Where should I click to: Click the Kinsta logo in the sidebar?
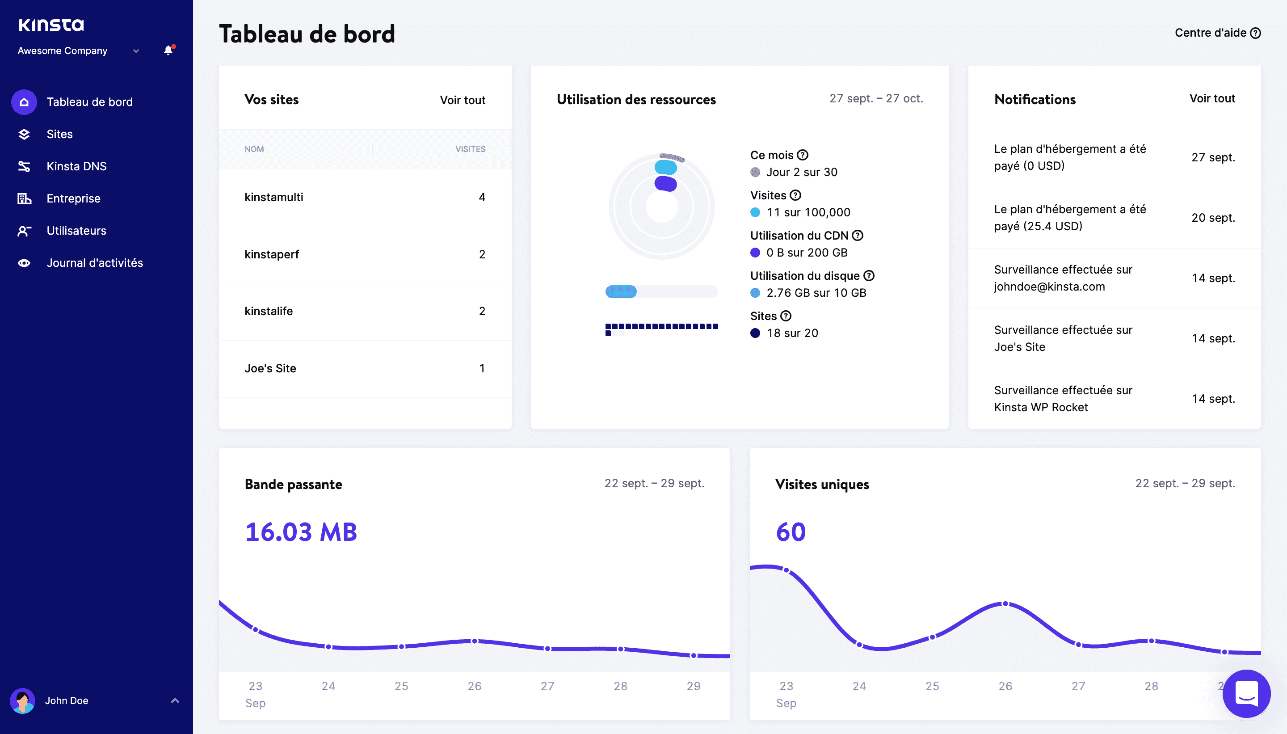pyautogui.click(x=51, y=25)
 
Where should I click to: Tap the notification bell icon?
pyautogui.click(x=168, y=50)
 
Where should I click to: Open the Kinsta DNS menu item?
pyautogui.click(x=76, y=166)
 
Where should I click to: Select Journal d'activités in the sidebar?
pyautogui.click(x=94, y=263)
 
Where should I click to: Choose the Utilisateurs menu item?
pyautogui.click(x=76, y=230)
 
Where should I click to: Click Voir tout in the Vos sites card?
pyautogui.click(x=462, y=100)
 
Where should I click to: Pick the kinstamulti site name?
pyautogui.click(x=273, y=197)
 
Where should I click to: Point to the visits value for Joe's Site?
pyautogui.click(x=482, y=368)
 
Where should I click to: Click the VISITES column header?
pyautogui.click(x=470, y=149)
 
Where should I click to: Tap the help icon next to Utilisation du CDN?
pyautogui.click(x=858, y=236)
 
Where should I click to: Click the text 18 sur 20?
pyautogui.click(x=792, y=333)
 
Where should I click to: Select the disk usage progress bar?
pyautogui.click(x=661, y=292)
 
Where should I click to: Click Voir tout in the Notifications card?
pyautogui.click(x=1212, y=98)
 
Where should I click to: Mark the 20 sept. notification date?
pyautogui.click(x=1213, y=218)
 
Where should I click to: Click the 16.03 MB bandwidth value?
pyautogui.click(x=301, y=532)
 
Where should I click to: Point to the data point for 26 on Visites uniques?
pyautogui.click(x=1005, y=604)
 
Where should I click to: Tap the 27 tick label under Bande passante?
pyautogui.click(x=547, y=686)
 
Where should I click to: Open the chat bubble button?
pyautogui.click(x=1246, y=694)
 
